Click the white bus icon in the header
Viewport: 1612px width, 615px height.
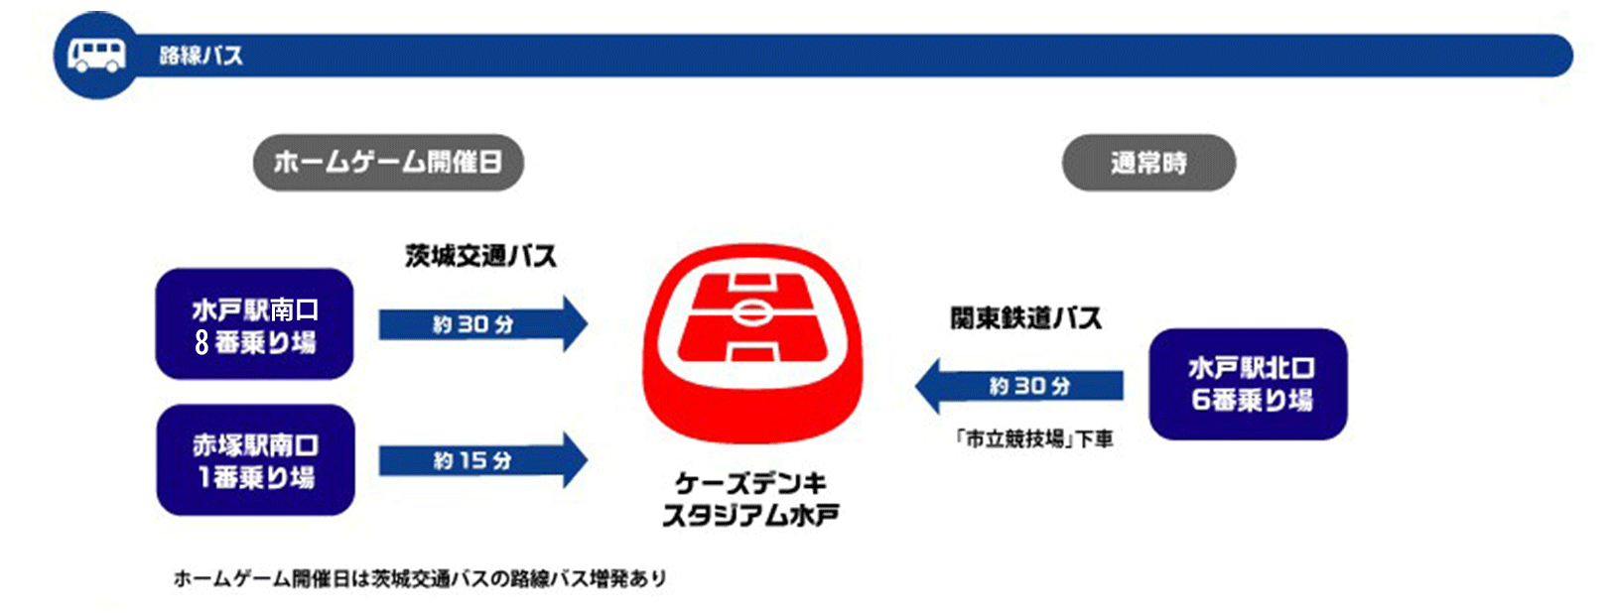pos(96,56)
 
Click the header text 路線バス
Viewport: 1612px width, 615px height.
pos(201,56)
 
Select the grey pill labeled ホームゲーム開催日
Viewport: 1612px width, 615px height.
pos(389,163)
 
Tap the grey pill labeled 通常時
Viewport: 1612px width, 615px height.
pos(1148,163)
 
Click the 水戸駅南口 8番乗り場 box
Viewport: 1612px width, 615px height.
pos(255,324)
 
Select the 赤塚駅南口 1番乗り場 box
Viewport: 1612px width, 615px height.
pos(255,460)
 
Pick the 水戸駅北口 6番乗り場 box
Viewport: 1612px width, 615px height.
pos(1248,385)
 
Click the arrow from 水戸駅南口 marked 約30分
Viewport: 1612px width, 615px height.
pos(483,324)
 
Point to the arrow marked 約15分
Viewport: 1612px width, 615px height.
pos(483,460)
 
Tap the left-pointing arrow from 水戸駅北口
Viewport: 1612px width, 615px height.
pos(1019,386)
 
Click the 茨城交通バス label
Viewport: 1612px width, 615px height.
pos(480,257)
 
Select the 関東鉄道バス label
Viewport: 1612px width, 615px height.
pos(1026,318)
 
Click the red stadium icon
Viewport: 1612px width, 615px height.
pos(752,344)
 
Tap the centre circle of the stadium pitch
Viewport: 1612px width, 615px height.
pos(752,312)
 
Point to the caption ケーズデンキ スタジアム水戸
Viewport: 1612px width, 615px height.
pos(750,499)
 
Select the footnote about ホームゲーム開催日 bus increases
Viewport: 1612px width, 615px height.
pos(420,578)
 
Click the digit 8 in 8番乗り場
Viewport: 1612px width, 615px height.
pos(202,342)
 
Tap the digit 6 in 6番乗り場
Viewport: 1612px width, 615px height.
pos(1200,400)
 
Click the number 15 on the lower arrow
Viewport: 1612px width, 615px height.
pos(473,460)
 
